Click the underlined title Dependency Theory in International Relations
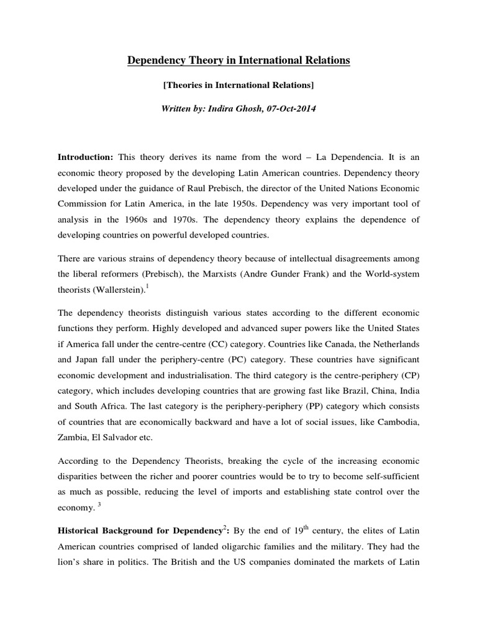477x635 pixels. click(x=238, y=60)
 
